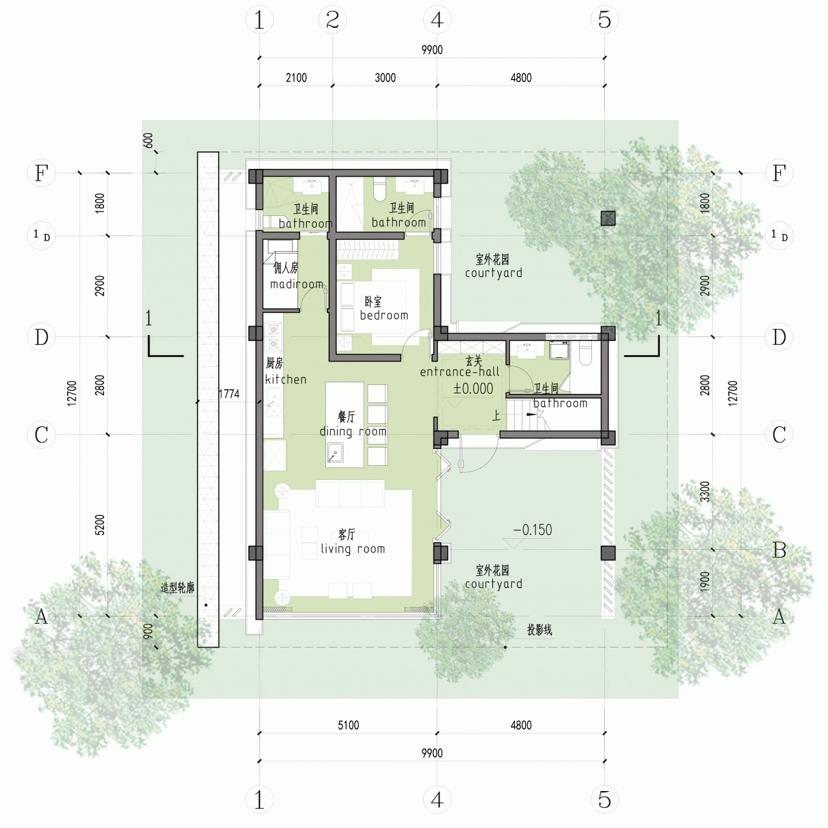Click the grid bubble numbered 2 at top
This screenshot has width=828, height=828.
point(332,20)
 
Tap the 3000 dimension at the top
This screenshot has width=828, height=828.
point(385,78)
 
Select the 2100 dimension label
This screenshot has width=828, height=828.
point(296,78)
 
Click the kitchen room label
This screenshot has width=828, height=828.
point(285,379)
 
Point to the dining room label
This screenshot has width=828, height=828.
point(353,431)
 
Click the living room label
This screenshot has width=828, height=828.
point(353,549)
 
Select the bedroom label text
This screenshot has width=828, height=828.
point(384,315)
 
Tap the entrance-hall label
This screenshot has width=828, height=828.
point(459,371)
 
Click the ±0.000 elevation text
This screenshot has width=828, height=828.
point(473,389)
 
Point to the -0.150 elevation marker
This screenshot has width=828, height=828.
point(533,530)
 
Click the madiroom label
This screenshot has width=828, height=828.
point(296,284)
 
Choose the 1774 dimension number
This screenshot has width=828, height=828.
point(229,394)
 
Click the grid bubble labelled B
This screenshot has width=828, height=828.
point(779,550)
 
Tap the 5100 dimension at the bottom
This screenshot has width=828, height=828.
point(348,725)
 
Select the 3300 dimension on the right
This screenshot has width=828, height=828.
point(704,492)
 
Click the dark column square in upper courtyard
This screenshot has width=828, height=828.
point(607,218)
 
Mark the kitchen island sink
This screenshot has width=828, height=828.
point(335,453)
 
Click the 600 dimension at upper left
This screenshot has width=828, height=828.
point(148,140)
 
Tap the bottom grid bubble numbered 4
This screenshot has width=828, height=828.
point(437,800)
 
